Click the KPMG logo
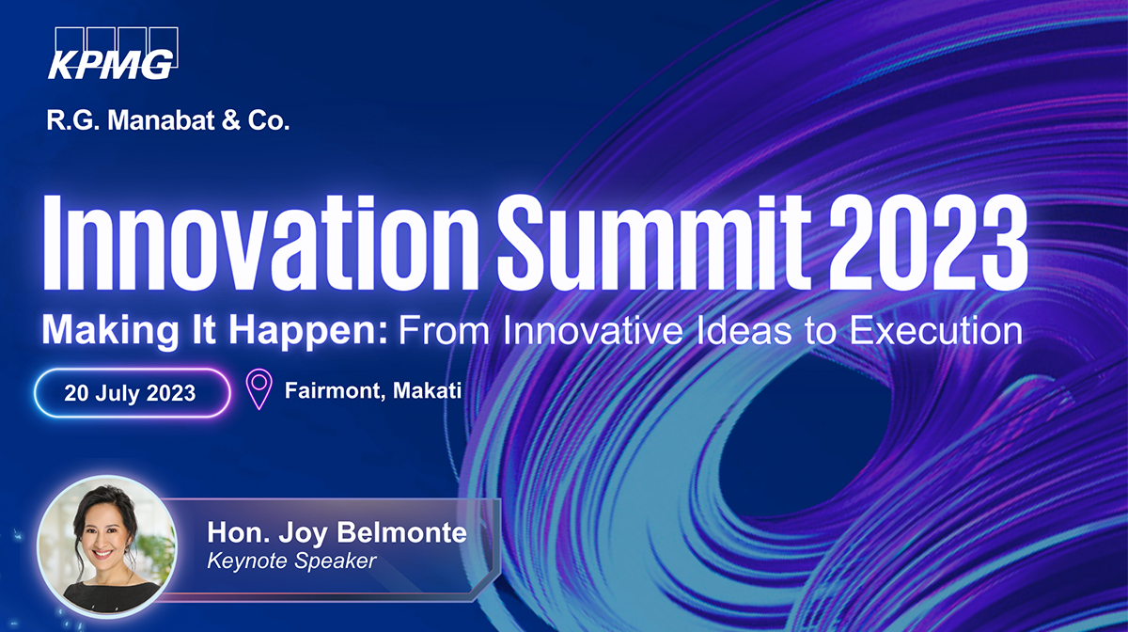tap(112, 55)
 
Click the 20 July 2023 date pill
tap(131, 392)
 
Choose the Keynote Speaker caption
tap(291, 561)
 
